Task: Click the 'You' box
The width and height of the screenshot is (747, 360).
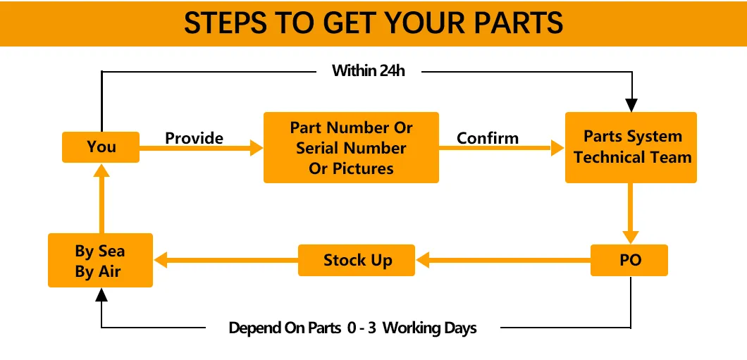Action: (x=101, y=147)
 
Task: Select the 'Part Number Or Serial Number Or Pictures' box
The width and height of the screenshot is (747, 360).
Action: (x=351, y=148)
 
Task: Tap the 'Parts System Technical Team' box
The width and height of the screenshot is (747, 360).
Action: (x=631, y=147)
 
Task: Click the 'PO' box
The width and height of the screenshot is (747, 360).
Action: (x=630, y=260)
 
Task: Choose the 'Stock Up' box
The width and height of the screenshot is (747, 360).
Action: (x=357, y=260)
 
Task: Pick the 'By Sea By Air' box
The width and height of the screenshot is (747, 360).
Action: (x=100, y=261)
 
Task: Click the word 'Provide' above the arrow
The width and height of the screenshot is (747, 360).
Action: (x=194, y=138)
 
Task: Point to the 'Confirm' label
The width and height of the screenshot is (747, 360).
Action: (x=488, y=138)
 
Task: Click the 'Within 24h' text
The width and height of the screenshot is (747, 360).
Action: (x=369, y=70)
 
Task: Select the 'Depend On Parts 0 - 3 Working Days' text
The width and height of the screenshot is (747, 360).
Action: (x=352, y=328)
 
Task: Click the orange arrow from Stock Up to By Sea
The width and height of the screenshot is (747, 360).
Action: (x=226, y=260)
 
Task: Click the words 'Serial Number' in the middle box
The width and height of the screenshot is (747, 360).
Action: (x=351, y=149)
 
